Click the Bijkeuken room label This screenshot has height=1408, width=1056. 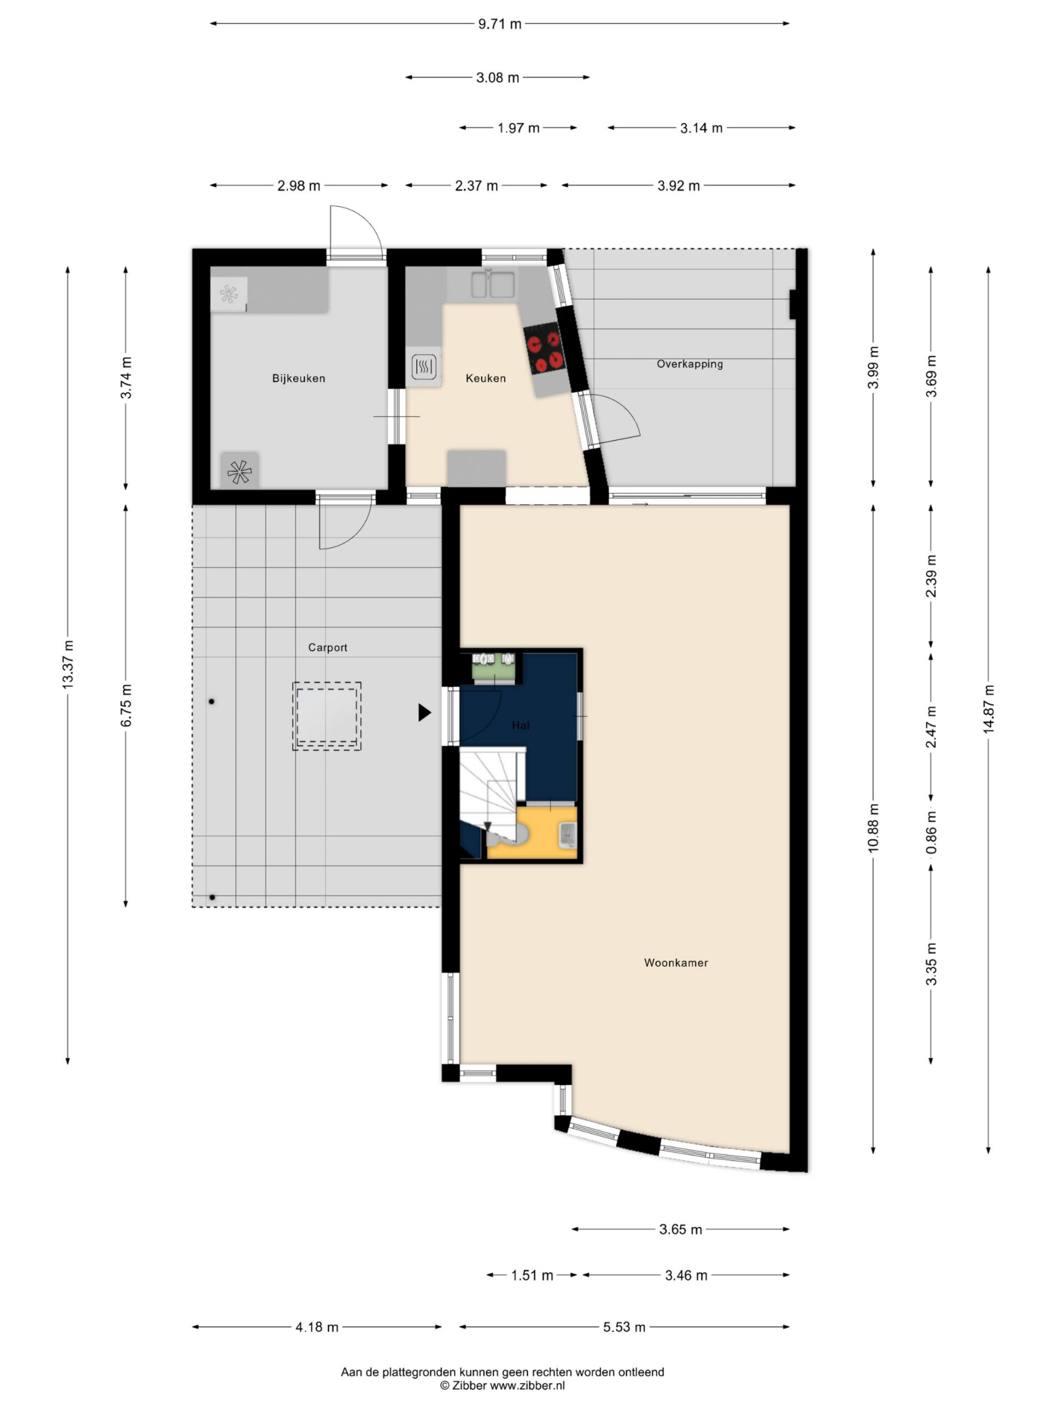pyautogui.click(x=299, y=378)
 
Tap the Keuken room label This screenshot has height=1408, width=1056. pyautogui.click(x=486, y=378)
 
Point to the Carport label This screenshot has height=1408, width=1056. pyautogui.click(x=328, y=647)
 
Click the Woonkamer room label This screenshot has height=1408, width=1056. pyautogui.click(x=676, y=963)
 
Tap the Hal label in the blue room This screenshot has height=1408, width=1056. pyautogui.click(x=521, y=725)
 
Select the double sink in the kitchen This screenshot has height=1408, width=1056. pyautogui.click(x=493, y=284)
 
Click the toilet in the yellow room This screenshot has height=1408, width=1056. pyautogui.click(x=509, y=834)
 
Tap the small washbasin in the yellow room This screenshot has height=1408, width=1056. pyautogui.click(x=568, y=834)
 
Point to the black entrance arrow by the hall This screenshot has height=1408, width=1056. pyautogui.click(x=425, y=712)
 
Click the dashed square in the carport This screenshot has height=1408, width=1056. pyautogui.click(x=327, y=716)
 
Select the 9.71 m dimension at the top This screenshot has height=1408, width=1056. pyautogui.click(x=499, y=24)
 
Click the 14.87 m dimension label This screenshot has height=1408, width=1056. pyautogui.click(x=988, y=709)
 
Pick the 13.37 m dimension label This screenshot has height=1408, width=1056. pyautogui.click(x=68, y=664)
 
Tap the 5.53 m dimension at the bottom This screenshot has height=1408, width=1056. pyautogui.click(x=624, y=1327)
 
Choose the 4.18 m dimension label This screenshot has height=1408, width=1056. pyautogui.click(x=316, y=1327)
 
